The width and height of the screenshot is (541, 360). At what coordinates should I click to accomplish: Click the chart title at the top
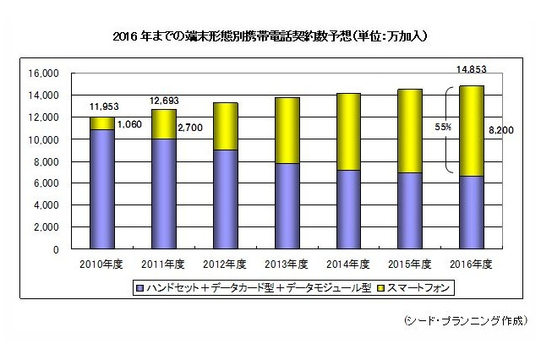270,37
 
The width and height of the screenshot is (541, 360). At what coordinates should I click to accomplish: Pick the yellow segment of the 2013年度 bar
280,130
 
